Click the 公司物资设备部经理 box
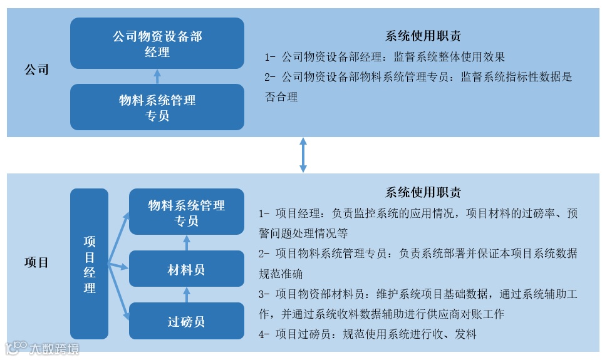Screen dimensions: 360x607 click(x=157, y=43)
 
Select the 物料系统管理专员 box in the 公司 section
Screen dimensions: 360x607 click(x=157, y=107)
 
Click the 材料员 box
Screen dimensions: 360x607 click(x=186, y=270)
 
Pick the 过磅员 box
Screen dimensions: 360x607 click(x=186, y=322)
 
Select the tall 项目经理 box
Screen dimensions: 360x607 click(x=90, y=264)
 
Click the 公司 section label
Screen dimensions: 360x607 click(x=36, y=69)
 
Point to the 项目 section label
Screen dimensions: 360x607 click(x=36, y=262)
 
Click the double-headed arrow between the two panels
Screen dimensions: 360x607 click(x=303, y=155)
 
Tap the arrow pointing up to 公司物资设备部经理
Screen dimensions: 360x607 click(x=157, y=76)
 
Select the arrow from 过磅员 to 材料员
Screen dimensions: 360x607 click(x=186, y=296)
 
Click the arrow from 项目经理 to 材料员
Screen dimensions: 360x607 click(x=119, y=266)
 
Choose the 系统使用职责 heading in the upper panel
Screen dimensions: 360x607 click(x=423, y=36)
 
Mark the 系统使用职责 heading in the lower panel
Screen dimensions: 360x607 click(x=423, y=192)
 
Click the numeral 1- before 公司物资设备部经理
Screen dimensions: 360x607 click(x=270, y=57)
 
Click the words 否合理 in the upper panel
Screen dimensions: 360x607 click(x=281, y=97)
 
